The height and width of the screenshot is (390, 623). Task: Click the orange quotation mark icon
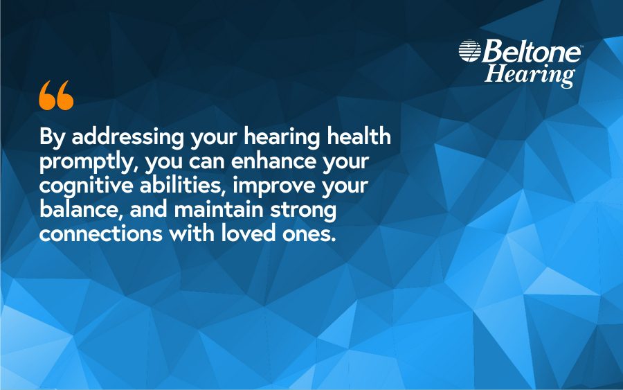(x=56, y=96)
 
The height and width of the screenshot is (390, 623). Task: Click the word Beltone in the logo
(x=530, y=51)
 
